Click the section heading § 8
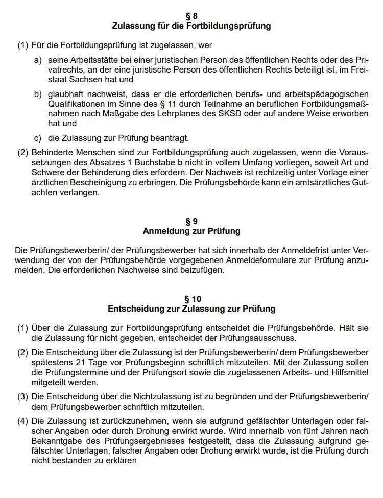point(192,15)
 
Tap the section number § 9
point(192,221)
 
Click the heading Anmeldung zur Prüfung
point(192,231)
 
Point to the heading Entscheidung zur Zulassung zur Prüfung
point(192,309)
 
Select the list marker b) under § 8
point(38,94)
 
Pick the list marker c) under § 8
point(38,138)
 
